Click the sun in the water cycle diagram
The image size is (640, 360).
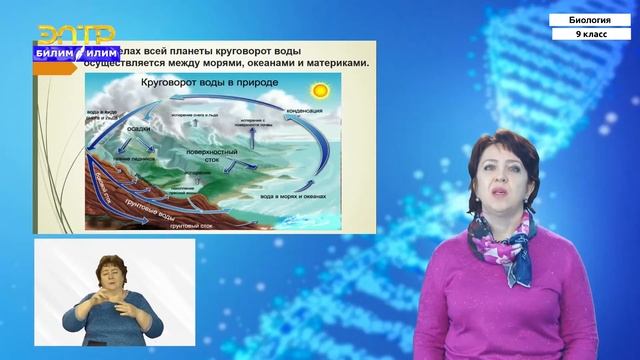pos(319,90)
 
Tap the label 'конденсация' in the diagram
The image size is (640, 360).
pos(304,109)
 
